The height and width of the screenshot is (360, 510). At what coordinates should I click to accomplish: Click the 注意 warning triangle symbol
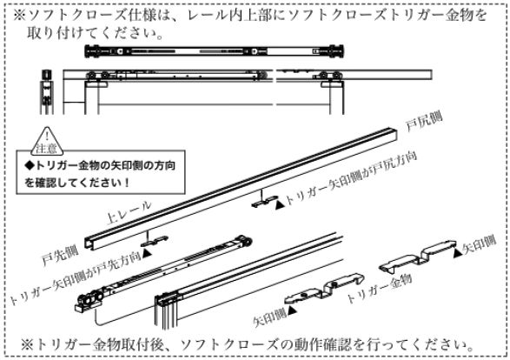pos(48,141)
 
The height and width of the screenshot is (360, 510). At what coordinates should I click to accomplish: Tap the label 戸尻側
pos(424,122)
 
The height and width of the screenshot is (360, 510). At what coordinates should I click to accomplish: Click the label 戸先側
pos(60,255)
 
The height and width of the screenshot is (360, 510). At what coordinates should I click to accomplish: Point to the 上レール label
pos(129,212)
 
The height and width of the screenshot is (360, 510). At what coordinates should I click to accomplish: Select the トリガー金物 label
pos(380,289)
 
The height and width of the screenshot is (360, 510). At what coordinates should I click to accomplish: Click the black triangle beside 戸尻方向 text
pos(280,204)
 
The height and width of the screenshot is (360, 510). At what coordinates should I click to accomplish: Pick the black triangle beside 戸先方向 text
pos(148,253)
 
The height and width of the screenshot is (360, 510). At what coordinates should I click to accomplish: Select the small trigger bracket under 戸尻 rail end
pos(265,202)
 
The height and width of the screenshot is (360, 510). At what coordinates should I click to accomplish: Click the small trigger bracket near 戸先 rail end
pos(155,241)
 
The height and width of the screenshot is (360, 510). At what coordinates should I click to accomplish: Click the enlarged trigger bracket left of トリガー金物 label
pos(324,289)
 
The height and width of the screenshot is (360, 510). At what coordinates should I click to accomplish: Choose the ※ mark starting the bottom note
pos(27,345)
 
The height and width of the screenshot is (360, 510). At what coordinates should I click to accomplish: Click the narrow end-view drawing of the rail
pos(47,92)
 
